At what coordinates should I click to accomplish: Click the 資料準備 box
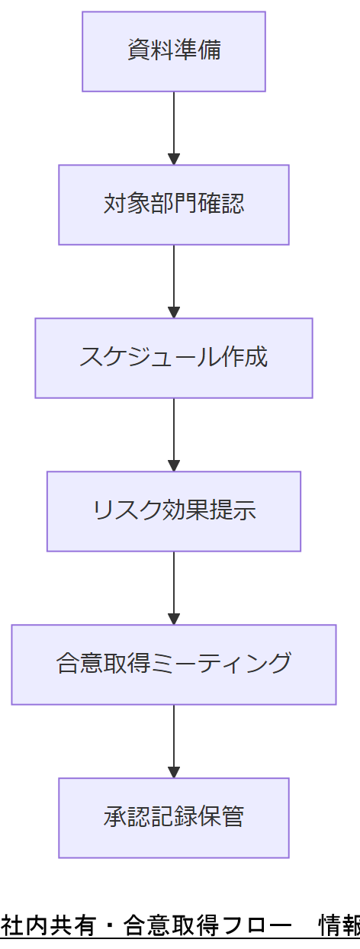point(174,51)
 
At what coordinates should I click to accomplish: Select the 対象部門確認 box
point(174,204)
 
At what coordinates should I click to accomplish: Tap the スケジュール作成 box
point(174,358)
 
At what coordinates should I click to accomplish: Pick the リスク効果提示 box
point(174,511)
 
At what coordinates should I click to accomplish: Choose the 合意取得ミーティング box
point(174,664)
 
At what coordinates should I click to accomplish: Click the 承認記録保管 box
point(174,818)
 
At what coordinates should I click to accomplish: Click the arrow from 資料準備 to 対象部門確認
point(174,126)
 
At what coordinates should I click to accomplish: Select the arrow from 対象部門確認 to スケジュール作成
point(174,279)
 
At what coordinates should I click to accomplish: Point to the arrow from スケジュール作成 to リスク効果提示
point(174,433)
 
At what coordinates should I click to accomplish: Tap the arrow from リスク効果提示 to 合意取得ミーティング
point(174,586)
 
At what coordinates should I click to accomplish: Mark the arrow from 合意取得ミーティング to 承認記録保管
point(174,739)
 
